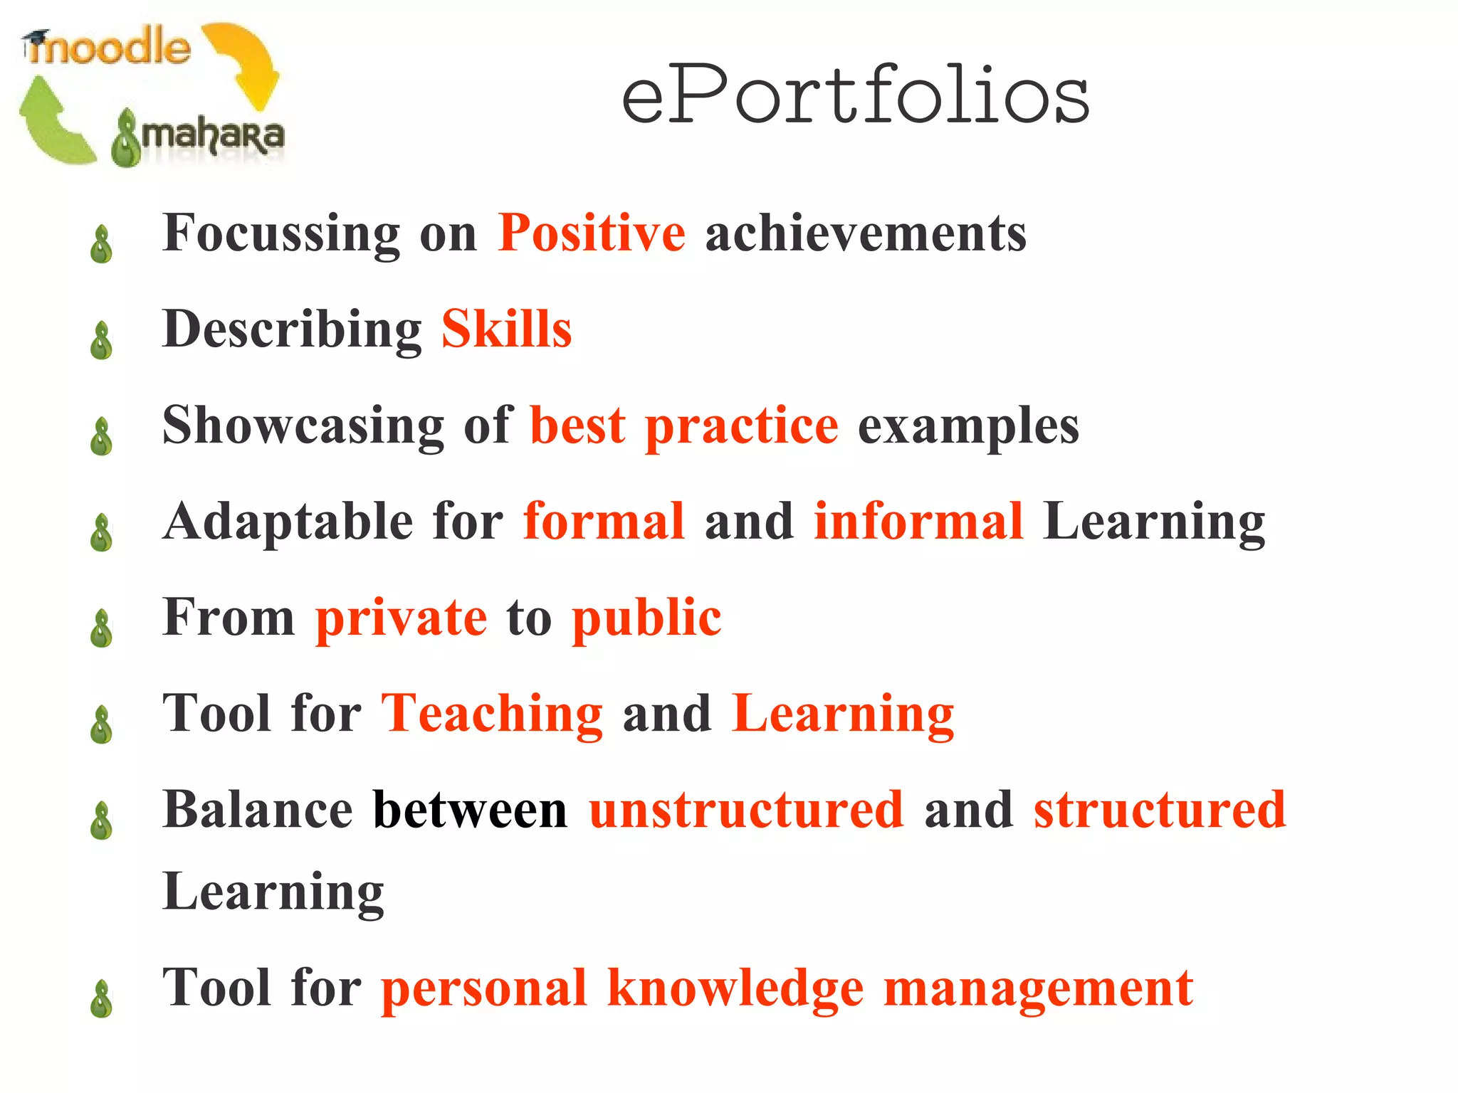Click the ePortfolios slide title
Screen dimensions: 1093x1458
pyautogui.click(x=855, y=95)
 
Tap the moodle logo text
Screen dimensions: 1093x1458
pyautogui.click(x=108, y=48)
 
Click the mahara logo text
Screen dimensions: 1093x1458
pyautogui.click(x=211, y=135)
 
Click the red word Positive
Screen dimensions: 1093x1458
pyautogui.click(x=591, y=233)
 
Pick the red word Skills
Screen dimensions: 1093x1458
pyautogui.click(x=506, y=329)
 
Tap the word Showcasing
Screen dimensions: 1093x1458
pyautogui.click(x=303, y=425)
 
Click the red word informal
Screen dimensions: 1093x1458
pyautogui.click(x=918, y=521)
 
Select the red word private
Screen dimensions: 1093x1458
pyautogui.click(x=401, y=617)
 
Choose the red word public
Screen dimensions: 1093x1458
pyautogui.click(x=646, y=617)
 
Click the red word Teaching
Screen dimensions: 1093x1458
pyautogui.click(x=492, y=713)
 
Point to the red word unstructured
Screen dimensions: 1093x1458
pyautogui.click(x=746, y=809)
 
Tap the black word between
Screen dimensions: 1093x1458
pyautogui.click(x=470, y=809)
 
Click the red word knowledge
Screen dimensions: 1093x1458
pyautogui.click(x=735, y=988)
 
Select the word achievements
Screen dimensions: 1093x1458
pyautogui.click(x=866, y=233)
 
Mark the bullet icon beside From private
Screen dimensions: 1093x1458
pyautogui.click(x=102, y=628)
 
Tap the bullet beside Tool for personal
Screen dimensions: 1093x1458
pyautogui.click(x=102, y=999)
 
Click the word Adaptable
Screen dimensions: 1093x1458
pyautogui.click(x=288, y=521)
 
